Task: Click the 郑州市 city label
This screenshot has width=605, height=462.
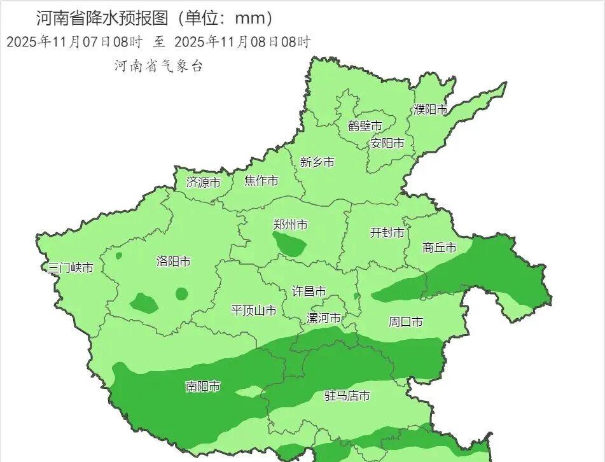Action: click(x=290, y=225)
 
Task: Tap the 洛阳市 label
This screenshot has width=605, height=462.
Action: click(x=173, y=262)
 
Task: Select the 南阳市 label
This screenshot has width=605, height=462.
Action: click(x=203, y=386)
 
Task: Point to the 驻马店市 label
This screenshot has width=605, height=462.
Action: click(x=347, y=396)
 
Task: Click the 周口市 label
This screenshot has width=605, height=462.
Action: click(x=405, y=322)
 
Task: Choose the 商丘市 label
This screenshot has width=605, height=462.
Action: click(x=440, y=248)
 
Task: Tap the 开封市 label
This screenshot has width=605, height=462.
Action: click(x=387, y=233)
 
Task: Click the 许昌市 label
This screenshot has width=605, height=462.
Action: click(x=309, y=291)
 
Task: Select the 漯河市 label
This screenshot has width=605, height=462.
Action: click(x=324, y=318)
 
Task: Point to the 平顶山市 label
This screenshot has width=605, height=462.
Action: click(x=253, y=311)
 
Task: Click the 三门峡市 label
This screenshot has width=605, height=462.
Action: click(x=71, y=268)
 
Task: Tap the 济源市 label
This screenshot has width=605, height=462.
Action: click(x=203, y=183)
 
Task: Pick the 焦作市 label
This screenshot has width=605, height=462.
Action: click(x=261, y=181)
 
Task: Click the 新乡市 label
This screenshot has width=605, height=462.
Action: click(x=317, y=162)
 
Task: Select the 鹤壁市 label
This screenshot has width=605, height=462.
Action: click(x=365, y=125)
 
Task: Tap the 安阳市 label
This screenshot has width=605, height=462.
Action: click(x=387, y=143)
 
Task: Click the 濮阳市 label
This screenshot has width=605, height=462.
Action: click(x=431, y=109)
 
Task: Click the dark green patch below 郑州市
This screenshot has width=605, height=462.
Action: click(x=289, y=243)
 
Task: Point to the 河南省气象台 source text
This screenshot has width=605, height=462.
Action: click(x=158, y=66)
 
